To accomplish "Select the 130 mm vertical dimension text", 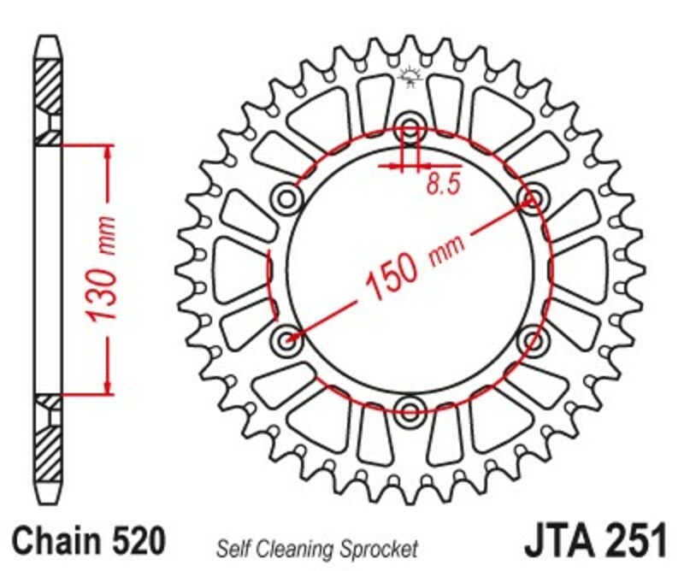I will pos(103,270).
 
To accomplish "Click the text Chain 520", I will pos(87,542).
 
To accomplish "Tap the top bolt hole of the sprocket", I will pos(410,130).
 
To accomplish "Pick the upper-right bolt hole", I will pos(532,199).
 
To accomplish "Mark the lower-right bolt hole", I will pos(532,338).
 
